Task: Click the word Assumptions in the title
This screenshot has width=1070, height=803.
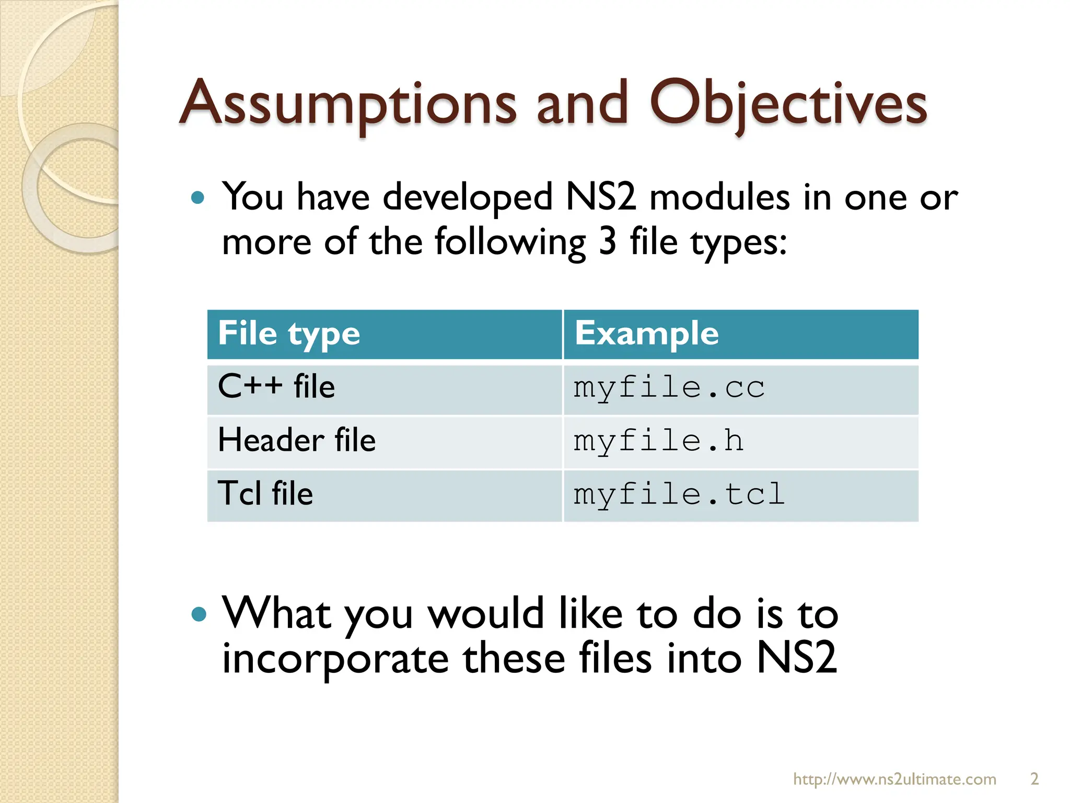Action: click(347, 104)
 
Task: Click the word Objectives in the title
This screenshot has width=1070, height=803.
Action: click(788, 104)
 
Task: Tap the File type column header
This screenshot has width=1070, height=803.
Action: click(289, 334)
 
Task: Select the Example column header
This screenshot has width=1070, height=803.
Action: click(646, 334)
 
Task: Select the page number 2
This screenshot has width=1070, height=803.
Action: click(1034, 779)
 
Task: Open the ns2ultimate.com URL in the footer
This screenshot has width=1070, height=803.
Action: click(894, 779)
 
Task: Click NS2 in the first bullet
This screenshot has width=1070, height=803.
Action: click(601, 198)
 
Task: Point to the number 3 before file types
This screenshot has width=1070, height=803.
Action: click(607, 242)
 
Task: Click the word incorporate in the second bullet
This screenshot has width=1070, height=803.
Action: click(335, 659)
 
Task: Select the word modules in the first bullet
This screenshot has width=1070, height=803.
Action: click(719, 198)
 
